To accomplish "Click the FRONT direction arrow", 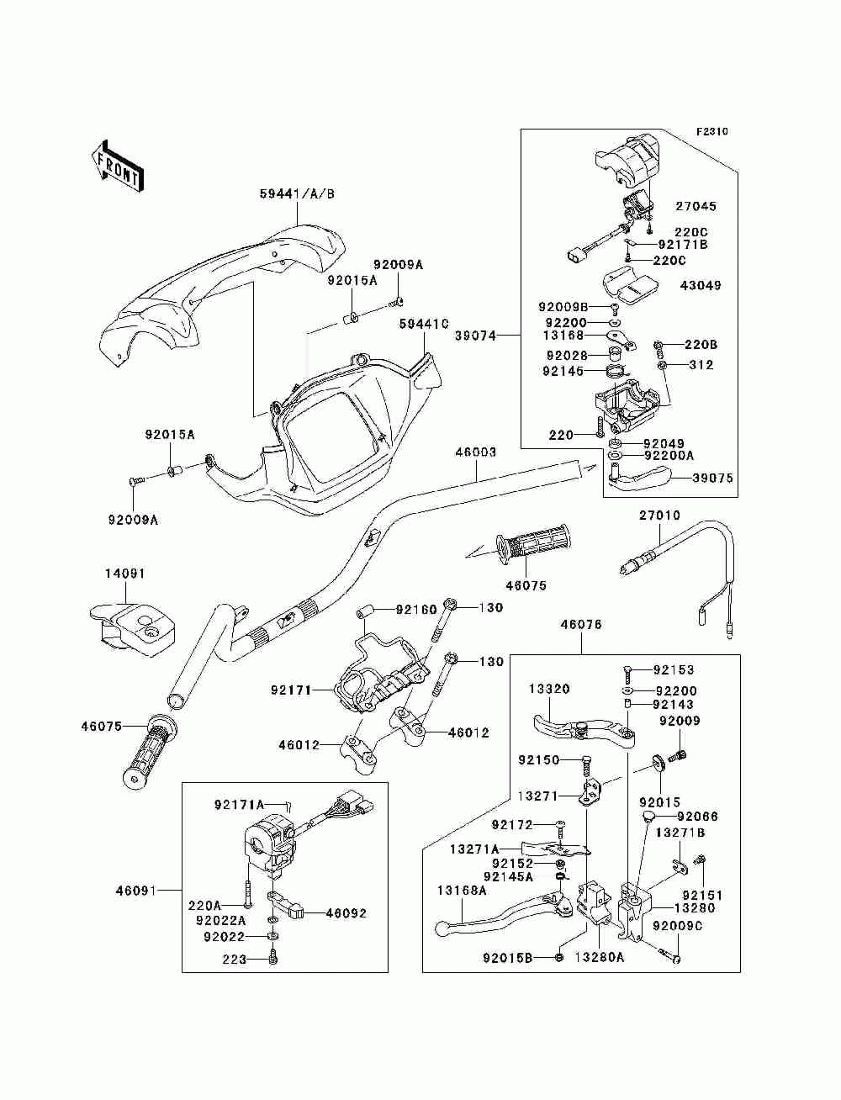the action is coord(118,166).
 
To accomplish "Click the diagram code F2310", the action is coord(711,132).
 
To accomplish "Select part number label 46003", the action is coord(476,452).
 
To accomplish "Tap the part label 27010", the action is coord(659,516).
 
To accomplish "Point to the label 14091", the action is coord(124,574).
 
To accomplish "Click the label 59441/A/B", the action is coord(297,194).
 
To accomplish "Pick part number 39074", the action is coord(476,336).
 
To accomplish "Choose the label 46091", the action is coord(136,891).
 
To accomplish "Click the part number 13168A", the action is coord(462,891).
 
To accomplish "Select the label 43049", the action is coord(701,285).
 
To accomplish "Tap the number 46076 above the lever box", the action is coord(581,624).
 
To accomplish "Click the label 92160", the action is coord(416,610).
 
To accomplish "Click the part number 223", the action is coord(235,960).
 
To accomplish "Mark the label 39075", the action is coord(712,478).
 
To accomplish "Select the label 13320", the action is coord(549,689).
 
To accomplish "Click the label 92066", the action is coord(698,817).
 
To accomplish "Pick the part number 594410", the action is coord(424,324).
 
